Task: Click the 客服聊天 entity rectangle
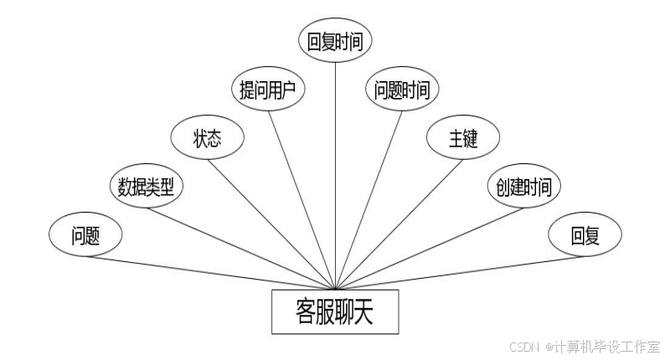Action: point(335,311)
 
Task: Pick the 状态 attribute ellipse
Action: point(207,138)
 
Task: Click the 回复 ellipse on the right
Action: point(585,236)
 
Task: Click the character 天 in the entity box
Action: point(364,311)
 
